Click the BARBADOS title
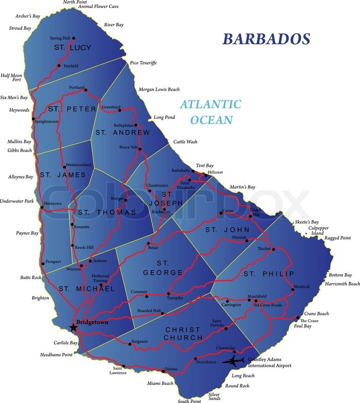(x=267, y=39)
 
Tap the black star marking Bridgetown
(x=74, y=327)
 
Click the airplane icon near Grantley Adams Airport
(x=235, y=360)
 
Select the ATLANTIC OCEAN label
(x=211, y=112)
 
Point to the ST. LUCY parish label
(x=73, y=48)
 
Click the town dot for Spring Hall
(x=74, y=38)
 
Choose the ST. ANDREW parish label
(x=123, y=133)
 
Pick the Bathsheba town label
(x=181, y=170)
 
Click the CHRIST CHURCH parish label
(x=182, y=333)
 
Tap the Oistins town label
(x=171, y=369)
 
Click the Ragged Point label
(x=338, y=238)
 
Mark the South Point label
(x=189, y=401)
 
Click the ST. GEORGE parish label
(x=162, y=268)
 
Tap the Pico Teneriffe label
(x=143, y=62)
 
